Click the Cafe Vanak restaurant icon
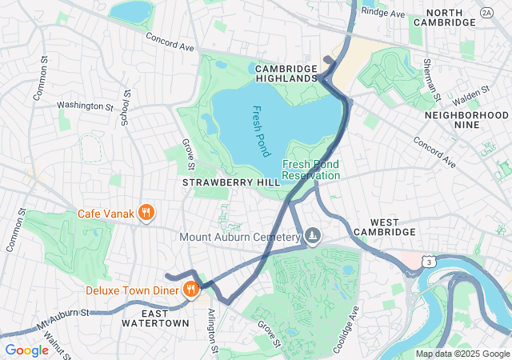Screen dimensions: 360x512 point(146,213)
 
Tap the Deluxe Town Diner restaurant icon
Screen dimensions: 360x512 point(191,289)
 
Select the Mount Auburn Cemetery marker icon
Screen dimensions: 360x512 point(313,236)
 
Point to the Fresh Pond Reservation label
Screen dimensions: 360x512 point(311,170)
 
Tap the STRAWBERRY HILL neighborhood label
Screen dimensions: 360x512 point(231,182)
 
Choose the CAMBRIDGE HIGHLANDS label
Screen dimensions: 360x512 point(287,74)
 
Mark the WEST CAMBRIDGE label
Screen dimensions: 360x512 point(392,232)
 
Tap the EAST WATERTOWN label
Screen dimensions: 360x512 point(155,318)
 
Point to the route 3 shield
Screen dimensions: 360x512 point(431,262)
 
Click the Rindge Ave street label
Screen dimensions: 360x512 point(383,13)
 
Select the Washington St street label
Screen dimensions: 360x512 point(85,106)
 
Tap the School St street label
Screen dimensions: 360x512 point(125,107)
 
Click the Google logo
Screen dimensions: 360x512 point(26,350)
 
